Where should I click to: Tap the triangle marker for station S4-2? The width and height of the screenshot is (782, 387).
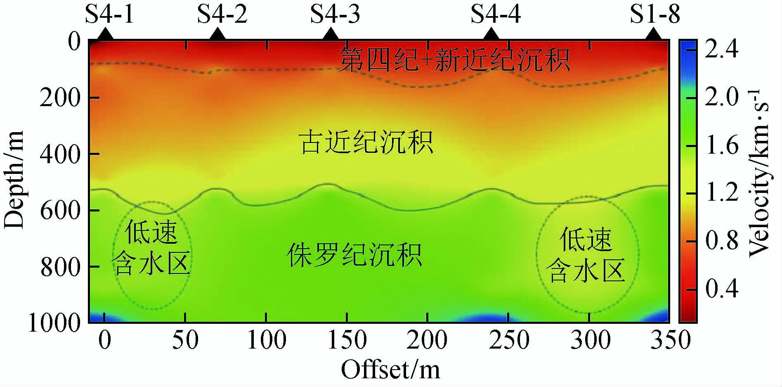point(217,34)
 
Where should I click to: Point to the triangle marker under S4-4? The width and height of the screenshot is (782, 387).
point(491,34)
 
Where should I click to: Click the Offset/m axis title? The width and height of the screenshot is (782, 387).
point(390,370)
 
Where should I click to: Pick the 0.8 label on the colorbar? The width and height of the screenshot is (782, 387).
point(721,241)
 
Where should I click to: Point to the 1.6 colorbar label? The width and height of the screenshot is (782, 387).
point(721,146)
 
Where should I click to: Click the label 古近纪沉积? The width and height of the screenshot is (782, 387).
point(366,142)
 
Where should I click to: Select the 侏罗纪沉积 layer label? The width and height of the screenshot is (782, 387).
point(354,255)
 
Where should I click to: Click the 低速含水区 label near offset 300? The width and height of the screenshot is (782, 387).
point(587,255)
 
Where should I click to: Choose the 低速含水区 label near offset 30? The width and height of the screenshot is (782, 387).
point(151,248)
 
